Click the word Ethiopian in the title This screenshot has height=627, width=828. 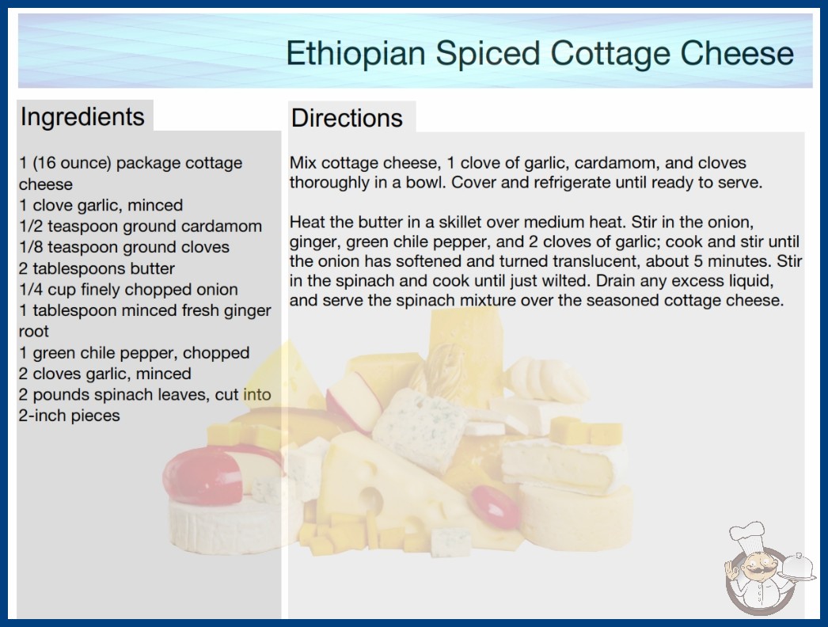coord(355,54)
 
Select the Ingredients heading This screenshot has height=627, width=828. coord(82,116)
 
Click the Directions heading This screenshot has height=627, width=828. coord(347,118)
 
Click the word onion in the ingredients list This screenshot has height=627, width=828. coord(217,290)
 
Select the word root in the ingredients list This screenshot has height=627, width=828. coord(34,332)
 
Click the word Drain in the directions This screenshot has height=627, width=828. coord(616,280)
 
